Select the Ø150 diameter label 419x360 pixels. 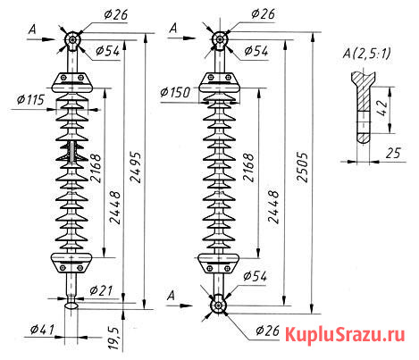[x=176, y=93]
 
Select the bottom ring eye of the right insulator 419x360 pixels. [x=216, y=306]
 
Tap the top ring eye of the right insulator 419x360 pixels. [x=216, y=39]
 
